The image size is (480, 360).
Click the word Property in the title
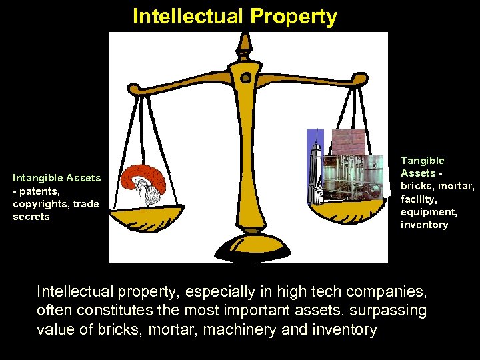[299, 16]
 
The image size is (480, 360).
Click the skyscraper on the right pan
[315, 167]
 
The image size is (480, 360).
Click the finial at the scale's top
[245, 44]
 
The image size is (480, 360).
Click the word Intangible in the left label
[38, 178]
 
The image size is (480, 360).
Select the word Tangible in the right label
[422, 161]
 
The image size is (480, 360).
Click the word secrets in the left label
[31, 217]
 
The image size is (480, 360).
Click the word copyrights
[41, 204]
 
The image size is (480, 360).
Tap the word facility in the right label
[417, 199]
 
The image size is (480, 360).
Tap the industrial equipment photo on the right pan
[359, 176]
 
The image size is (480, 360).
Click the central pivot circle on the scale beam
[246, 78]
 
